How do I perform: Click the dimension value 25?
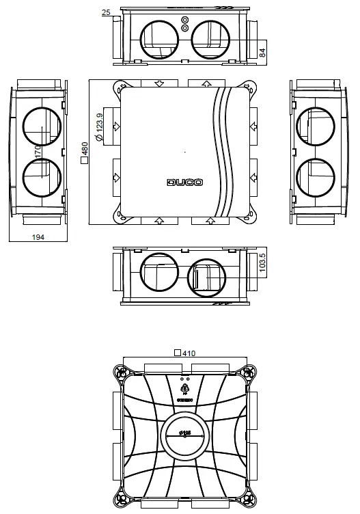pyautogui.click(x=106, y=12)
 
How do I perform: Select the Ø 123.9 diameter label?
pyautogui.click(x=100, y=128)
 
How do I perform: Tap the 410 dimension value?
pyautogui.click(x=189, y=353)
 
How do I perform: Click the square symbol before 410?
pyautogui.click(x=178, y=353)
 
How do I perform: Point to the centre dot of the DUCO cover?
pyautogui.click(x=184, y=151)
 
